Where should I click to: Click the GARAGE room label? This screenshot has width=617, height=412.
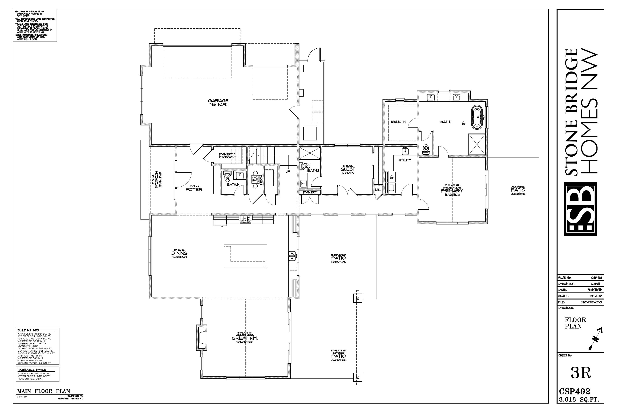tap(218, 101)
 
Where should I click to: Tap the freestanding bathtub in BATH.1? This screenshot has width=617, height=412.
tap(479, 117)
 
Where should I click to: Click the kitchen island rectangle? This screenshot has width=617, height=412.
tap(245, 256)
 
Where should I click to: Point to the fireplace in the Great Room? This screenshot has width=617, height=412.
tap(202, 338)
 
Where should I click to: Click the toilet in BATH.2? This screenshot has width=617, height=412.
tap(305, 166)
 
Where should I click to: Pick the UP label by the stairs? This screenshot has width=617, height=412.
tap(288, 172)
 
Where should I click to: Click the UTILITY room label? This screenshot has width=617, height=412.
tap(405, 160)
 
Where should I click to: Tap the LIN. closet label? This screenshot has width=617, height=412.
tap(378, 190)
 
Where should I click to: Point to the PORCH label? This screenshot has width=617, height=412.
tap(156, 179)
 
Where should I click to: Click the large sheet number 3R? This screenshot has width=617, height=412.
tap(581, 373)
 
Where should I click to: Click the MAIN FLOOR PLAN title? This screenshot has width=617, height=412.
tap(44, 391)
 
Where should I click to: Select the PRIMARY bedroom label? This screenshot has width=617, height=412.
tap(452, 191)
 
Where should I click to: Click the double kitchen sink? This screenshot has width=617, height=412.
tap(292, 256)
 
